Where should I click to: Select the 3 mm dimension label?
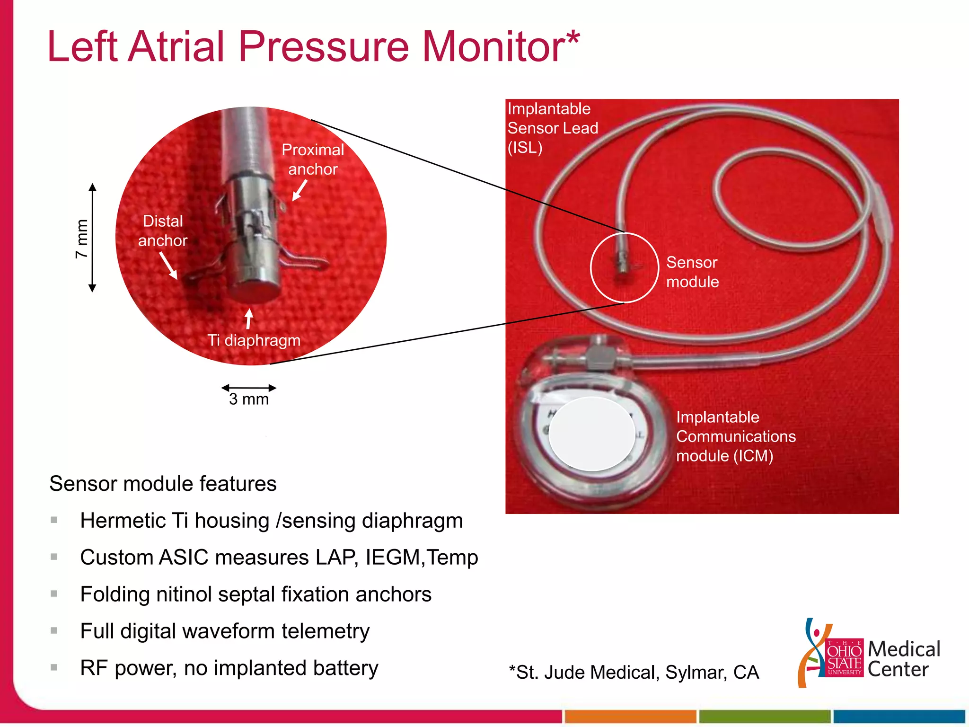coord(249,399)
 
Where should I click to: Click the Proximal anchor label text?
coord(313,160)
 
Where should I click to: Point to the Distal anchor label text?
coord(163,231)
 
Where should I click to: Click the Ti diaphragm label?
coord(254,340)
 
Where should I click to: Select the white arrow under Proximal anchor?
coord(300,190)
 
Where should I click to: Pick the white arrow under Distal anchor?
coord(168,265)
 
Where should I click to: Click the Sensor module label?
coord(692,272)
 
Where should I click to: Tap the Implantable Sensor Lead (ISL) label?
coord(553,128)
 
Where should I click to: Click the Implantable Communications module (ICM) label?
coord(736,436)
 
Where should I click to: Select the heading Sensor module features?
coord(163,484)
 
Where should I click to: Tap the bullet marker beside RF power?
coord(54,668)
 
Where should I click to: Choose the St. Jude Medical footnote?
coord(634,672)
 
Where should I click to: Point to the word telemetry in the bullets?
coord(326,631)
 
